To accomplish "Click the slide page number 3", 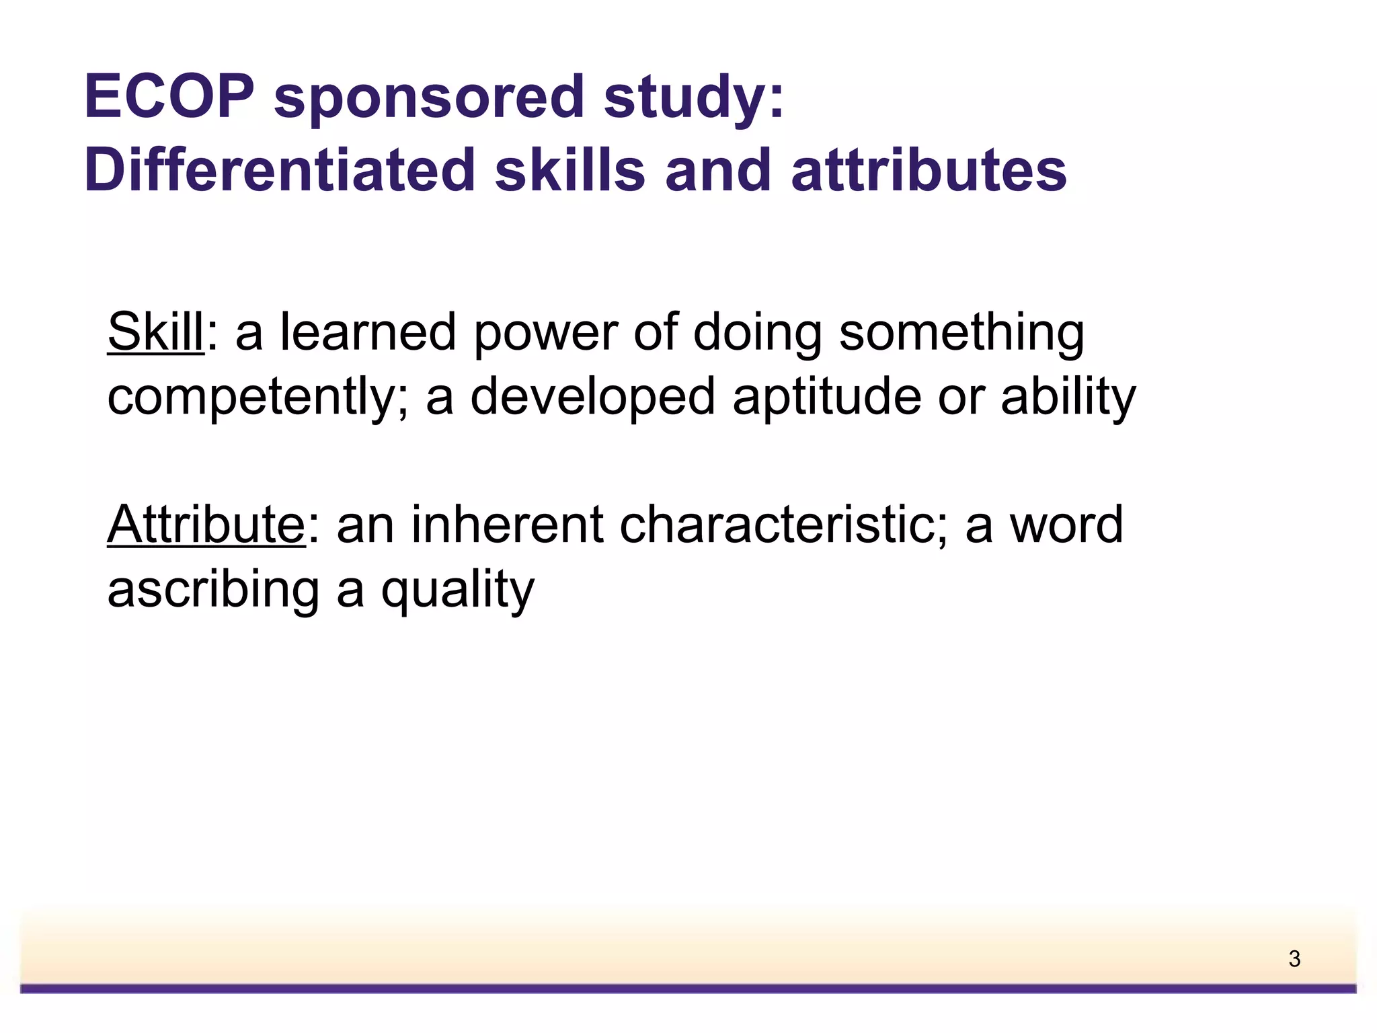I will click(x=1294, y=958).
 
